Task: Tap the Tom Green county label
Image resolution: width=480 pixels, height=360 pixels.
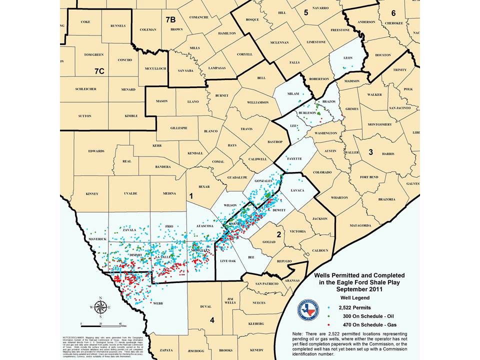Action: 93,54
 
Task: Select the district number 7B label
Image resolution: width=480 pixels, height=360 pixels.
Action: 171,19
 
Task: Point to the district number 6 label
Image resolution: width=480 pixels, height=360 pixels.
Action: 393,13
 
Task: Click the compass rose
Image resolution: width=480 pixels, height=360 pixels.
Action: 100,307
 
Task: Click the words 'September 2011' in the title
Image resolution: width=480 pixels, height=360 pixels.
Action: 355,288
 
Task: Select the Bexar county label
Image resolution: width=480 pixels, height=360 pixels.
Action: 203,186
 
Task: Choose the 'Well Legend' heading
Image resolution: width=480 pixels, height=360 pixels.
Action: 356,296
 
